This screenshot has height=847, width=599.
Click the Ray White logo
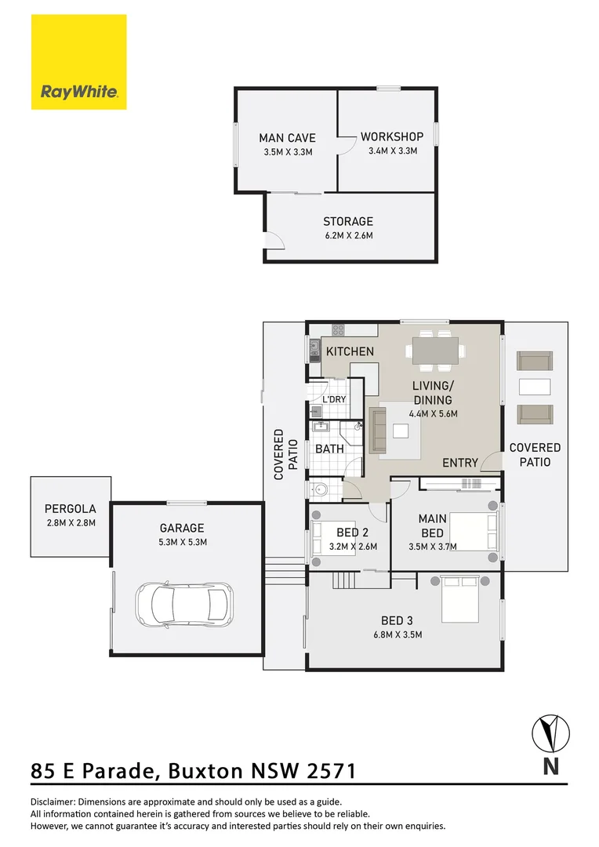[78, 62]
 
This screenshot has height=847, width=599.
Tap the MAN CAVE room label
[287, 138]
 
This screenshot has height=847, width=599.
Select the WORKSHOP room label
[392, 137]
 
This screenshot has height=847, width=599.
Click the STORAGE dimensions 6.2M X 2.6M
[348, 235]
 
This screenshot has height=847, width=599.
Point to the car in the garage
[184, 602]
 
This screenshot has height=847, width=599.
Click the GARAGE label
[183, 528]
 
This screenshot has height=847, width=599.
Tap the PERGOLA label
[70, 508]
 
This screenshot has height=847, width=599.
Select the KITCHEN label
[350, 351]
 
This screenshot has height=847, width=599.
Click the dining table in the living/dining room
[434, 349]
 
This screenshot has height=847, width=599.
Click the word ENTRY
[459, 463]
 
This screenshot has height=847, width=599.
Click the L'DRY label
[334, 399]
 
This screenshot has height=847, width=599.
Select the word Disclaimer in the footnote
[53, 802]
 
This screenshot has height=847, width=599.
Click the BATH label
[329, 449]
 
